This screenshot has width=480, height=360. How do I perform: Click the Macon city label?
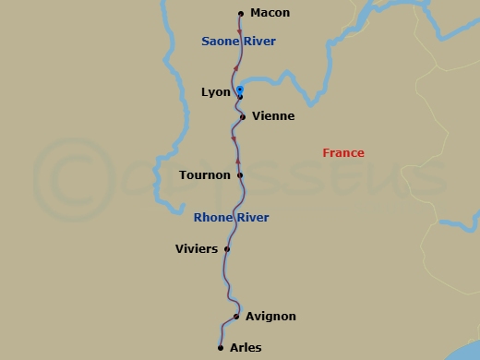click(x=270, y=13)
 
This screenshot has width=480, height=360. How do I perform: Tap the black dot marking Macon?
click(x=241, y=14)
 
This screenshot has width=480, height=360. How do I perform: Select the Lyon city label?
click(x=215, y=92)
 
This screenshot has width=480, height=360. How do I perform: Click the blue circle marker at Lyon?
click(x=240, y=90)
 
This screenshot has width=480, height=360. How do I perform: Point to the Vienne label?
click(x=272, y=116)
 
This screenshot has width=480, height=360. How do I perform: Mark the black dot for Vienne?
click(x=243, y=117)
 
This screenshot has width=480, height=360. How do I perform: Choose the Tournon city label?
click(x=205, y=174)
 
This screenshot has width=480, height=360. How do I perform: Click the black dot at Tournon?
click(x=240, y=174)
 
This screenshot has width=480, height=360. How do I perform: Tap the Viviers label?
click(x=197, y=248)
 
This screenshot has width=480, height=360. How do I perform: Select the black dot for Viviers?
click(x=227, y=248)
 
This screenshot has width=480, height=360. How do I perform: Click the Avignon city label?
click(x=271, y=317)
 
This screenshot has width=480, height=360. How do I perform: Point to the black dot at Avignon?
click(x=236, y=317)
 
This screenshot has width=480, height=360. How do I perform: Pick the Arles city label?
click(x=246, y=348)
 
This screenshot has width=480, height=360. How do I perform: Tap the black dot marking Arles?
click(x=221, y=348)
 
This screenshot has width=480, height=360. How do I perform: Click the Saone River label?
click(x=238, y=42)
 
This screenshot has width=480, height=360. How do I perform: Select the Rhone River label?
click(x=231, y=218)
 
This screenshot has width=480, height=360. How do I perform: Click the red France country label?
click(x=343, y=153)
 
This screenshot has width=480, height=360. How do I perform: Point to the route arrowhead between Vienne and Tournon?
click(x=234, y=140)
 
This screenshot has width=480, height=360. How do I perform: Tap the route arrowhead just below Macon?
click(x=240, y=33)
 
